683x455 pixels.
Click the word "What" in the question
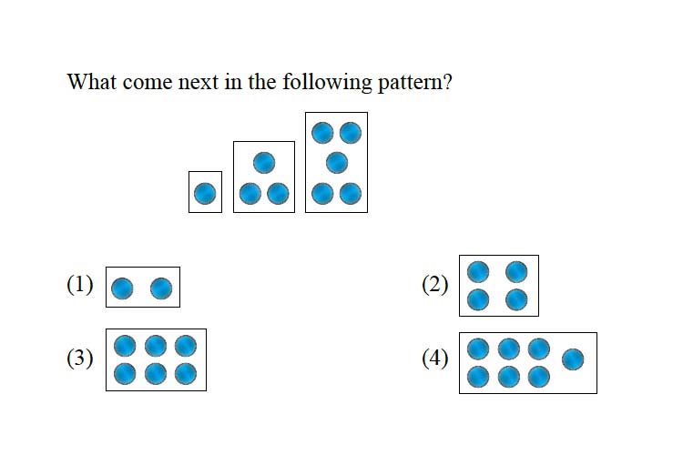(92, 81)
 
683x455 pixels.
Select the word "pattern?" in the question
(415, 83)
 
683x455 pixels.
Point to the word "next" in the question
(199, 82)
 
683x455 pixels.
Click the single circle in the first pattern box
(205, 193)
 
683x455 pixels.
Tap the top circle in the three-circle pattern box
(264, 163)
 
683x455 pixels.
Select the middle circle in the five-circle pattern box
(337, 163)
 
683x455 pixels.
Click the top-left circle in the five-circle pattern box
(322, 133)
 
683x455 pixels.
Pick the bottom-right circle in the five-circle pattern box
(351, 193)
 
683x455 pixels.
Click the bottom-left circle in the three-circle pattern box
(250, 193)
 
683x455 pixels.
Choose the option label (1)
(80, 285)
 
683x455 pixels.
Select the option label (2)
(434, 285)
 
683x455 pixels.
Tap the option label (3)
(80, 359)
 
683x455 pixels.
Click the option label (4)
(434, 359)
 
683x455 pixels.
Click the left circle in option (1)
(122, 288)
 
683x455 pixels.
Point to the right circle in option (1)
(161, 288)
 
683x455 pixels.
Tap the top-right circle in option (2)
(516, 272)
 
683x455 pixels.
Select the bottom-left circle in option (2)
(478, 299)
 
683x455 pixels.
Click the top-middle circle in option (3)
(156, 346)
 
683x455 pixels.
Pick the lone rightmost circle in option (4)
(573, 359)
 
